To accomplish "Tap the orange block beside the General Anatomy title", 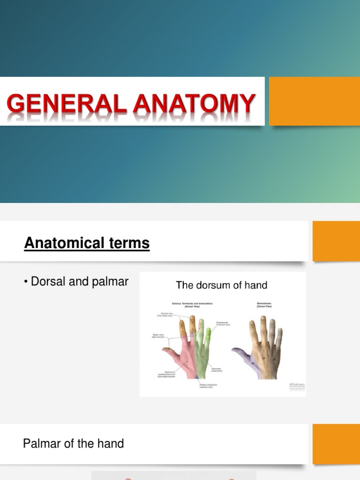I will [x=314, y=101].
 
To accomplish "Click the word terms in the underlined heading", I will [x=132, y=243].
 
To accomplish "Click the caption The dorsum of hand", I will [x=221, y=285].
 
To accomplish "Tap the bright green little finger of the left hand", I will [x=209, y=337].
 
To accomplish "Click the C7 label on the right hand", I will [x=264, y=359].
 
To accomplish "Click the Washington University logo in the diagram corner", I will [x=297, y=386].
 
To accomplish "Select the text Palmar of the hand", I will [x=74, y=443].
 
